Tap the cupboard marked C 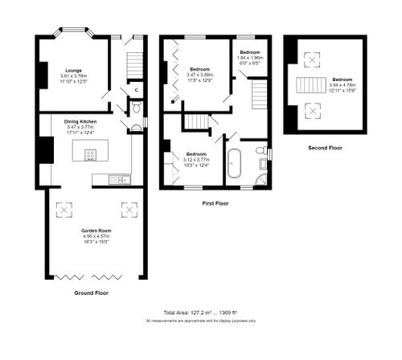136,89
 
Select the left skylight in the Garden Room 63,211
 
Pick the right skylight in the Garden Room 127,211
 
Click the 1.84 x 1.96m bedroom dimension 250,57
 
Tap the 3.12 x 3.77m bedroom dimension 196,159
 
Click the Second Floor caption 326,148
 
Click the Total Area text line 200,313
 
